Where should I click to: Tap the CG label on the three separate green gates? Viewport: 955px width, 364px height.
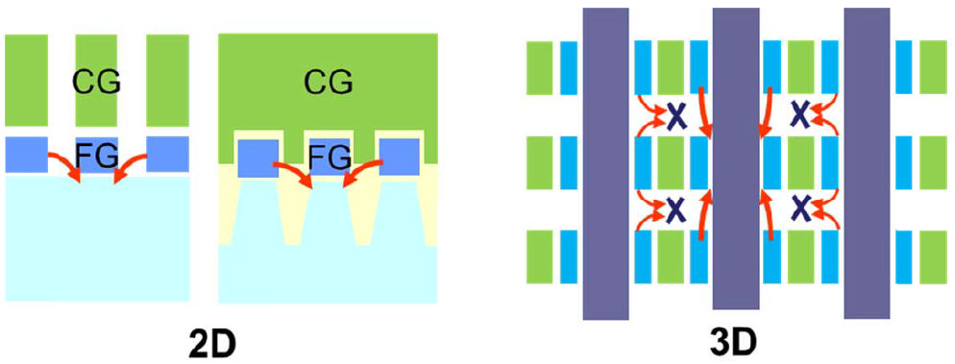(x=97, y=84)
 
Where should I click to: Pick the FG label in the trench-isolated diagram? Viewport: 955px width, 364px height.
(x=329, y=155)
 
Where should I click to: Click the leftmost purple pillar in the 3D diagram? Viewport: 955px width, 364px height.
(x=605, y=163)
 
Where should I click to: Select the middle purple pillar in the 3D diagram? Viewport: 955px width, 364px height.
(x=735, y=163)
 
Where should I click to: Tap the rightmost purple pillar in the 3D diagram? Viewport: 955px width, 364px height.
(x=867, y=163)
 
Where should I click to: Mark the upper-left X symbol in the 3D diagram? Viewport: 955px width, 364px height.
(x=676, y=116)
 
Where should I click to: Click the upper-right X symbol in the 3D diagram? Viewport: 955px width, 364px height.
(x=799, y=116)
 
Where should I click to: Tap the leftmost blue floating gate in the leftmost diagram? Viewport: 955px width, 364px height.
(x=26, y=155)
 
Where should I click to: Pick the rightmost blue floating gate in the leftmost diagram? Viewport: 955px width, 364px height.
(x=167, y=155)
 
